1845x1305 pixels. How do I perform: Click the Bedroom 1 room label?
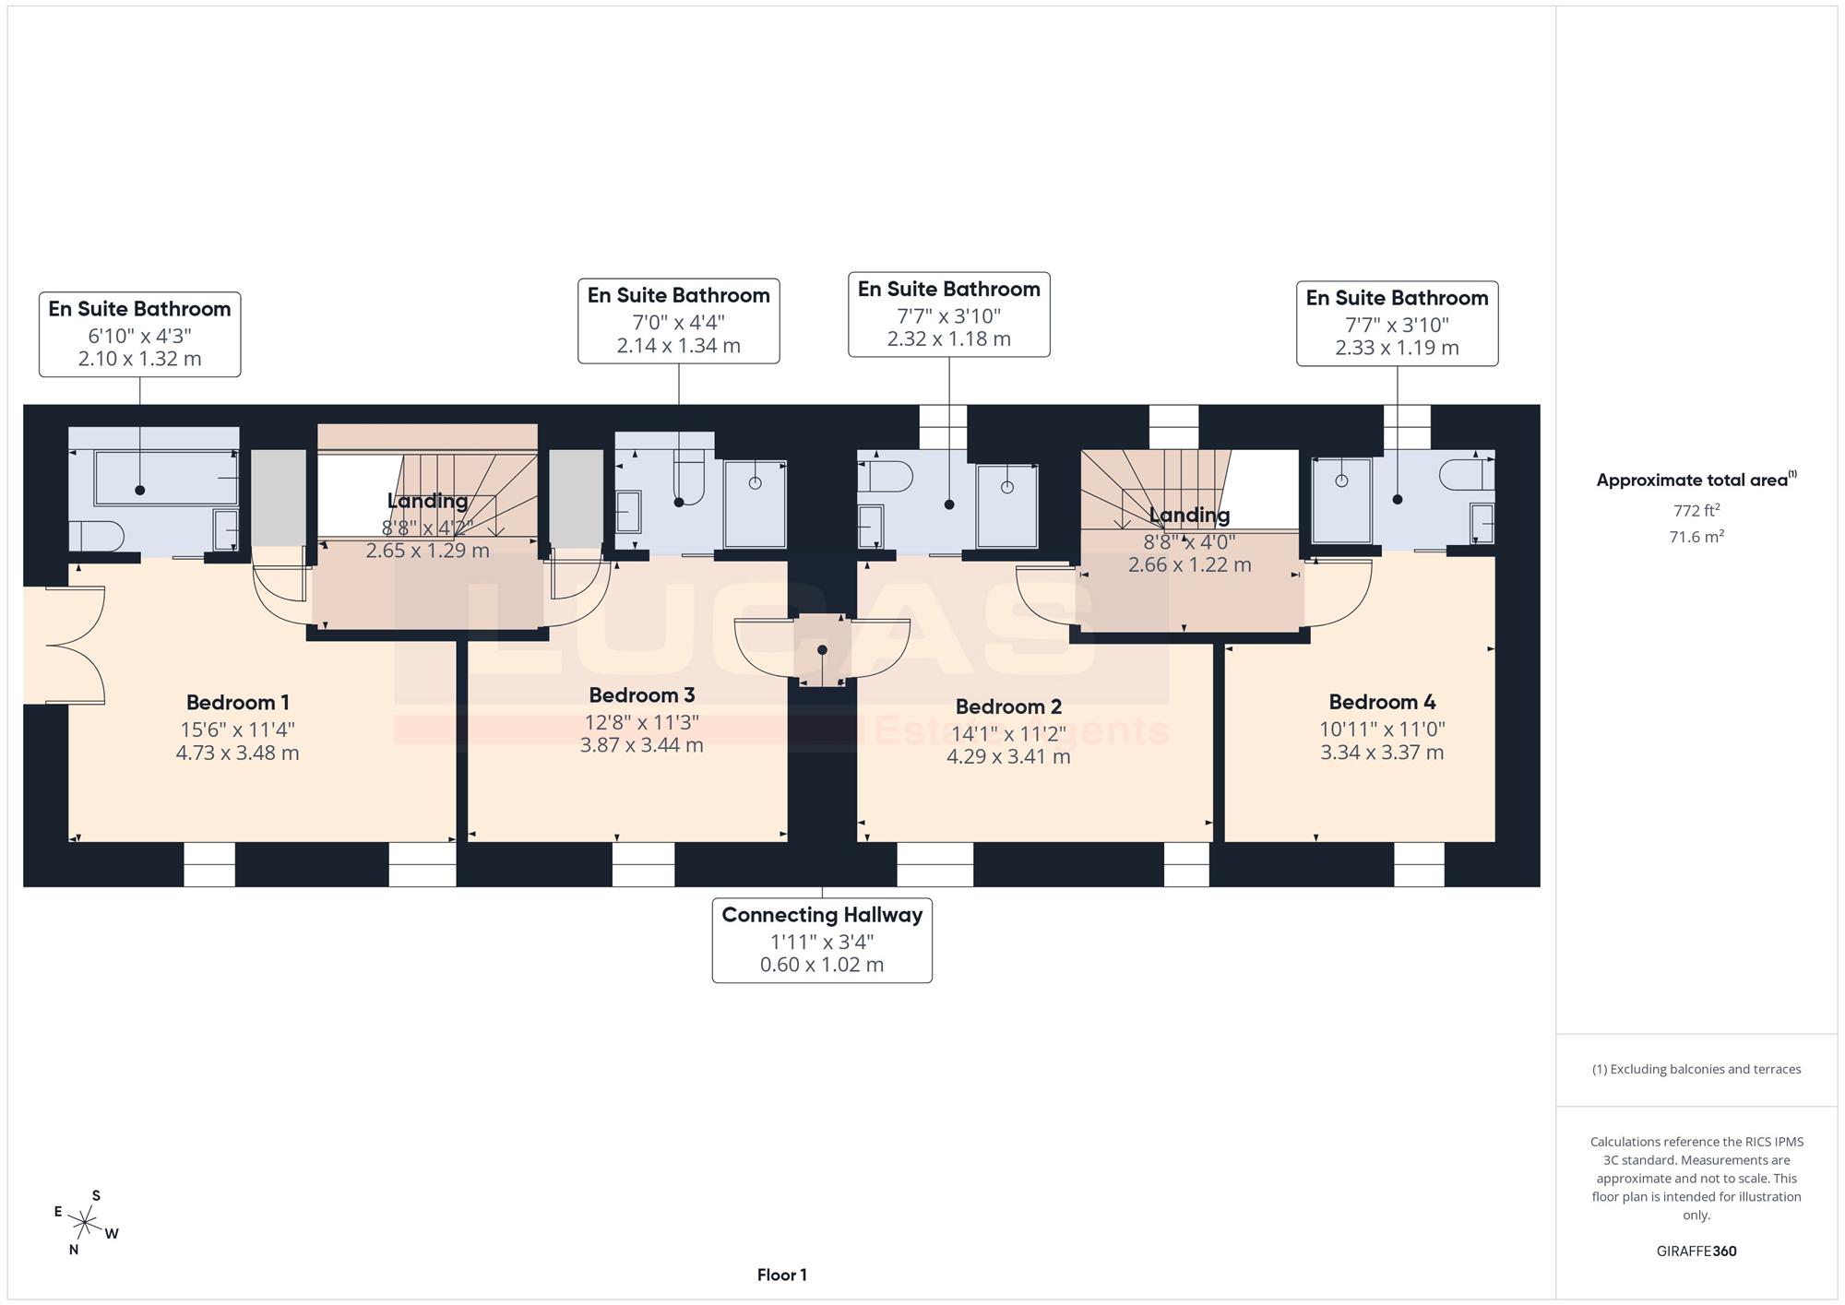pos(238,703)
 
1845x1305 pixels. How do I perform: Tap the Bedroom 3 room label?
pos(642,695)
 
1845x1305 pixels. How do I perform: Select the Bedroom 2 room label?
pos(1008,707)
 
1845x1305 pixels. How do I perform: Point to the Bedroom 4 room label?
pos(1382,703)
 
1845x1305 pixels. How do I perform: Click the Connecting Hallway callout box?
pos(822,940)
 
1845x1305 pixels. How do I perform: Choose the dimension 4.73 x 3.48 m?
pos(238,753)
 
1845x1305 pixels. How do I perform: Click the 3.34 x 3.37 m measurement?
pos(1382,753)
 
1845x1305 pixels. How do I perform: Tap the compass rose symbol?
pos(86,1224)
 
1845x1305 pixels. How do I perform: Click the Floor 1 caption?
pos(782,1275)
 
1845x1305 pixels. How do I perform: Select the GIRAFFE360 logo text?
pos(1696,1252)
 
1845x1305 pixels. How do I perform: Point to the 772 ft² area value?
pos(1696,510)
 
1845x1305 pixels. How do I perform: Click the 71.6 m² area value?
pos(1696,536)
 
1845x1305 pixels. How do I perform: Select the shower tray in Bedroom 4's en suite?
pos(1341,500)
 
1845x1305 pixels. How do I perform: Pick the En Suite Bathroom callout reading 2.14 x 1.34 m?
pos(679,321)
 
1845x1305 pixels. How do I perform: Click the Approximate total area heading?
pos(1696,480)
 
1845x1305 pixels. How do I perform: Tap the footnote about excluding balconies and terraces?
pos(1696,1070)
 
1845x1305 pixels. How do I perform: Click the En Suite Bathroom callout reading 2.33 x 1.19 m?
pos(1397,324)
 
